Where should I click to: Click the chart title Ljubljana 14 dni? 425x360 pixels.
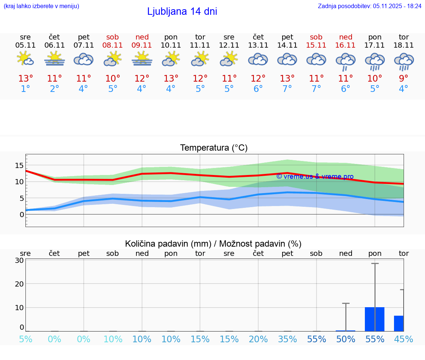(182, 11)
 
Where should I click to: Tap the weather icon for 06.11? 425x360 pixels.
(55, 59)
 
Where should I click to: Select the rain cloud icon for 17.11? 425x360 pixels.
(375, 61)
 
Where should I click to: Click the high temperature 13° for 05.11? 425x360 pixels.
(25, 79)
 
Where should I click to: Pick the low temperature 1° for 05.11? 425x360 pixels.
(25, 89)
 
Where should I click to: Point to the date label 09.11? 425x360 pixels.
(142, 45)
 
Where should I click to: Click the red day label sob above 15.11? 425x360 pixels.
(316, 37)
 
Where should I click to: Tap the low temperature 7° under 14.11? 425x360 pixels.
(287, 89)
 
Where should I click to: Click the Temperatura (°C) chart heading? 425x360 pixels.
(214, 148)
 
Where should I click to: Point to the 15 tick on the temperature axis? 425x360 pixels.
(19, 165)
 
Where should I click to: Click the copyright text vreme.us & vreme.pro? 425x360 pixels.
(315, 176)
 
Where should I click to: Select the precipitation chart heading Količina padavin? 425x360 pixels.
(213, 244)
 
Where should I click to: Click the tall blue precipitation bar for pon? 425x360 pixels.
(374, 319)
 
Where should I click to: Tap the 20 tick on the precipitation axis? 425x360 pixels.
(19, 284)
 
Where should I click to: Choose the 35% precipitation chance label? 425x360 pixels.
(287, 339)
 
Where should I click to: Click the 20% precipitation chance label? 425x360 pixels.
(258, 339)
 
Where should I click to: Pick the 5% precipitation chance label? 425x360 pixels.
(25, 339)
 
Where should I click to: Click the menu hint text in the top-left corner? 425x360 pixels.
(41, 6)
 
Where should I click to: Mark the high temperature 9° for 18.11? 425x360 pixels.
(404, 79)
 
